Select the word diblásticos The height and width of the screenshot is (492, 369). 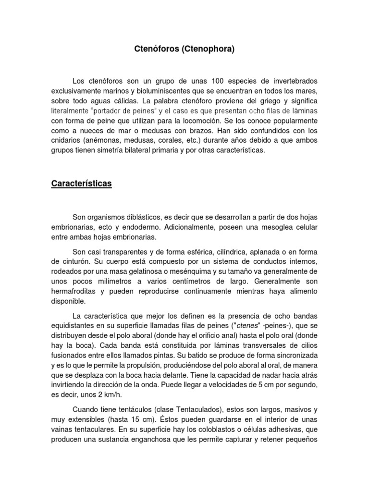(157, 216)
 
